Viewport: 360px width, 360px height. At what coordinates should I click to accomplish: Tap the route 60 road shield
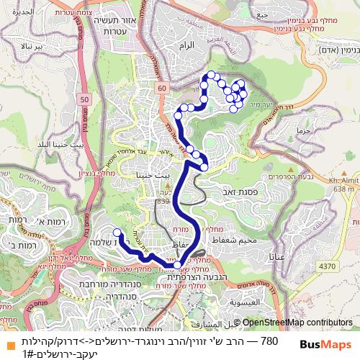click(x=162, y=88)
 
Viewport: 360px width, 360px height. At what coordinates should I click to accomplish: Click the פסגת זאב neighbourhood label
click(x=251, y=194)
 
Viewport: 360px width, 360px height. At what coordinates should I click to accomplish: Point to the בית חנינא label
click(x=153, y=175)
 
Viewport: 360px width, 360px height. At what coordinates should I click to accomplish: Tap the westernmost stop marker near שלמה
click(x=117, y=232)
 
